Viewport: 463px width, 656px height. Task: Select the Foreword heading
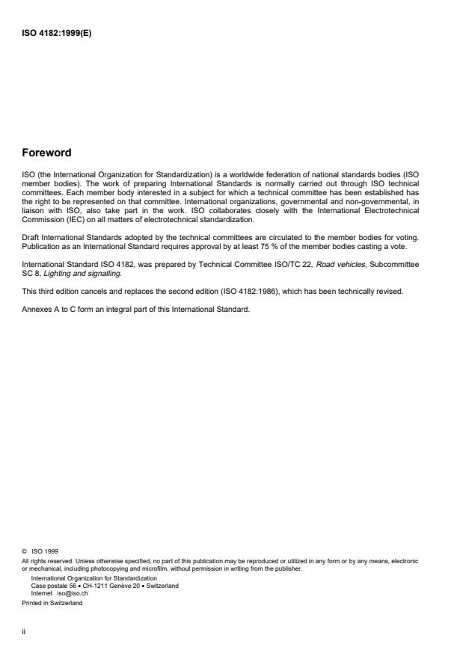pyautogui.click(x=46, y=153)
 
